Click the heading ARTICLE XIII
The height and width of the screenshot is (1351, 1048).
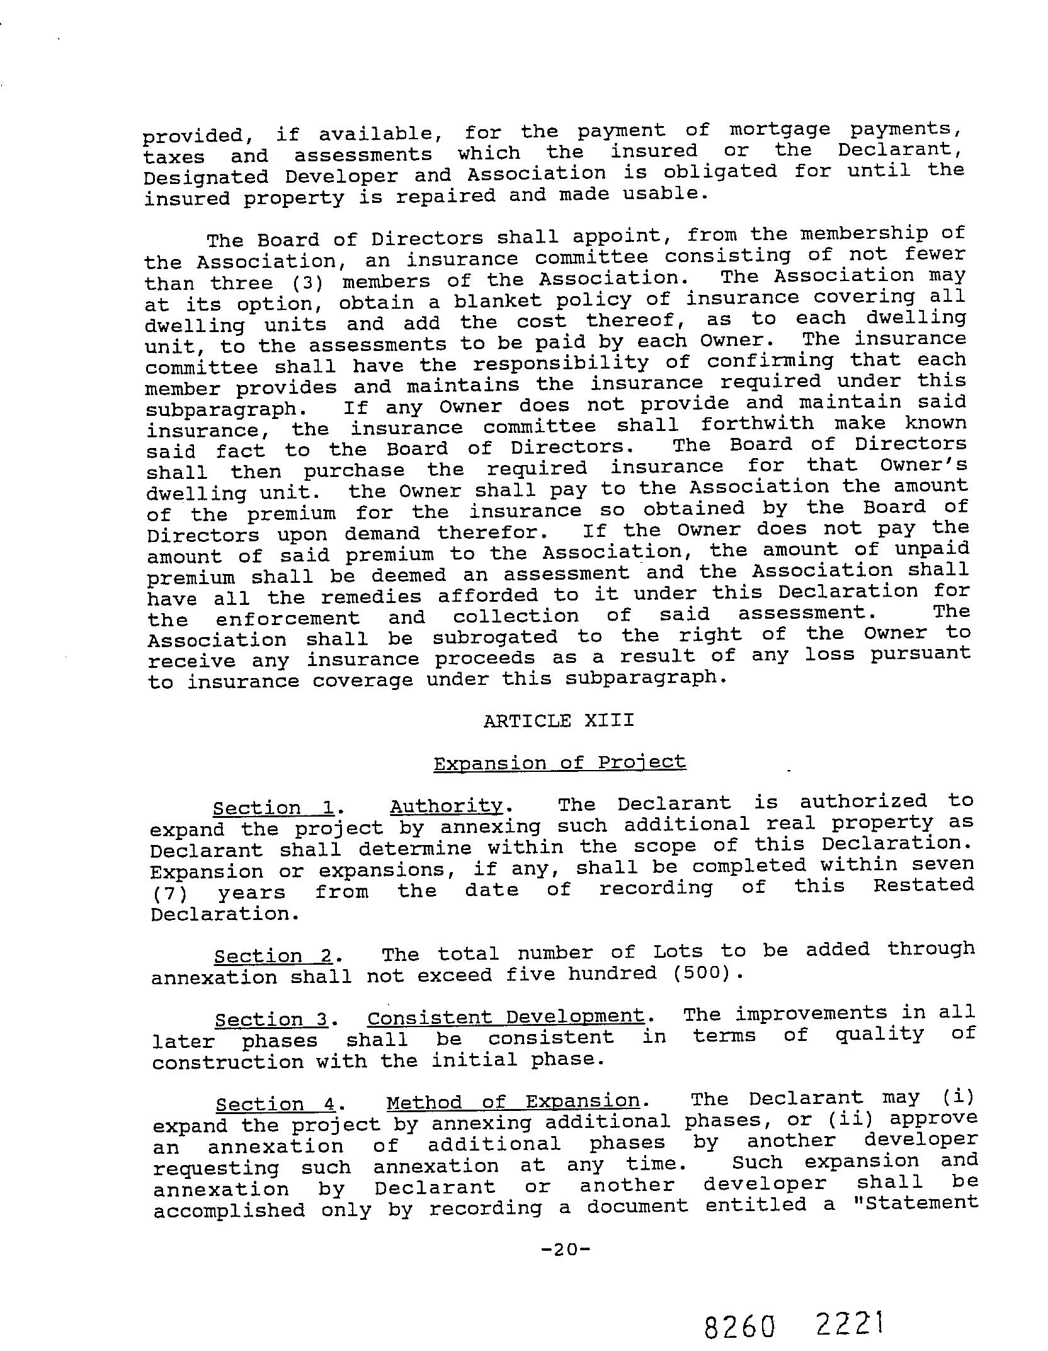(559, 720)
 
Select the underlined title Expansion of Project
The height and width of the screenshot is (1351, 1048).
(559, 763)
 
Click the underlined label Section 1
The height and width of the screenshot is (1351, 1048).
(275, 808)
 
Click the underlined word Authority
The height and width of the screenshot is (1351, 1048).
(446, 807)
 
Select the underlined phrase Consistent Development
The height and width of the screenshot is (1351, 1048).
(506, 1017)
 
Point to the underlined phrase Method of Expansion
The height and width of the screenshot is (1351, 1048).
(513, 1101)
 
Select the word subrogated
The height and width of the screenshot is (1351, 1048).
(495, 637)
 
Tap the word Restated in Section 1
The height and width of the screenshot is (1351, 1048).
(923, 885)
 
